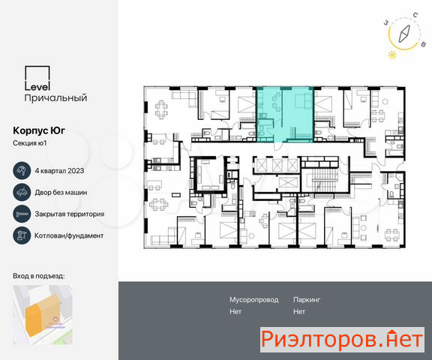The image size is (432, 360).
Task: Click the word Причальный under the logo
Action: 56,98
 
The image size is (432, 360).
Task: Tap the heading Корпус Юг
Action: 39,130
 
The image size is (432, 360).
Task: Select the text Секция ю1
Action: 30,143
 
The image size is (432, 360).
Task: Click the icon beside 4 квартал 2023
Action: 22,171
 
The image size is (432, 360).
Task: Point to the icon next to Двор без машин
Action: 22,192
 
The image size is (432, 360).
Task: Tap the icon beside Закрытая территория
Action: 22,214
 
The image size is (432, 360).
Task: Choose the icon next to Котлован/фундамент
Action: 22,235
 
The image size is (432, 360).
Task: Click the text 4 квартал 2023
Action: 59,171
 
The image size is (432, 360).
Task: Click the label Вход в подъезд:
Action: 39,276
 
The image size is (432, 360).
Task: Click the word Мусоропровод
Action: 253,300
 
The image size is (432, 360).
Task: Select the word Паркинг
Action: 307,300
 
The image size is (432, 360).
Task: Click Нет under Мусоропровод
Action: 235,312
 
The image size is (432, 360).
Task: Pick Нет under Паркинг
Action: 299,312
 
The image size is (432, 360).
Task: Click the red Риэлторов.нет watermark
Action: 342,339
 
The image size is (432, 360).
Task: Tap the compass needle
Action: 404,34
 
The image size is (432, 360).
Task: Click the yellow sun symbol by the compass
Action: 392,55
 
